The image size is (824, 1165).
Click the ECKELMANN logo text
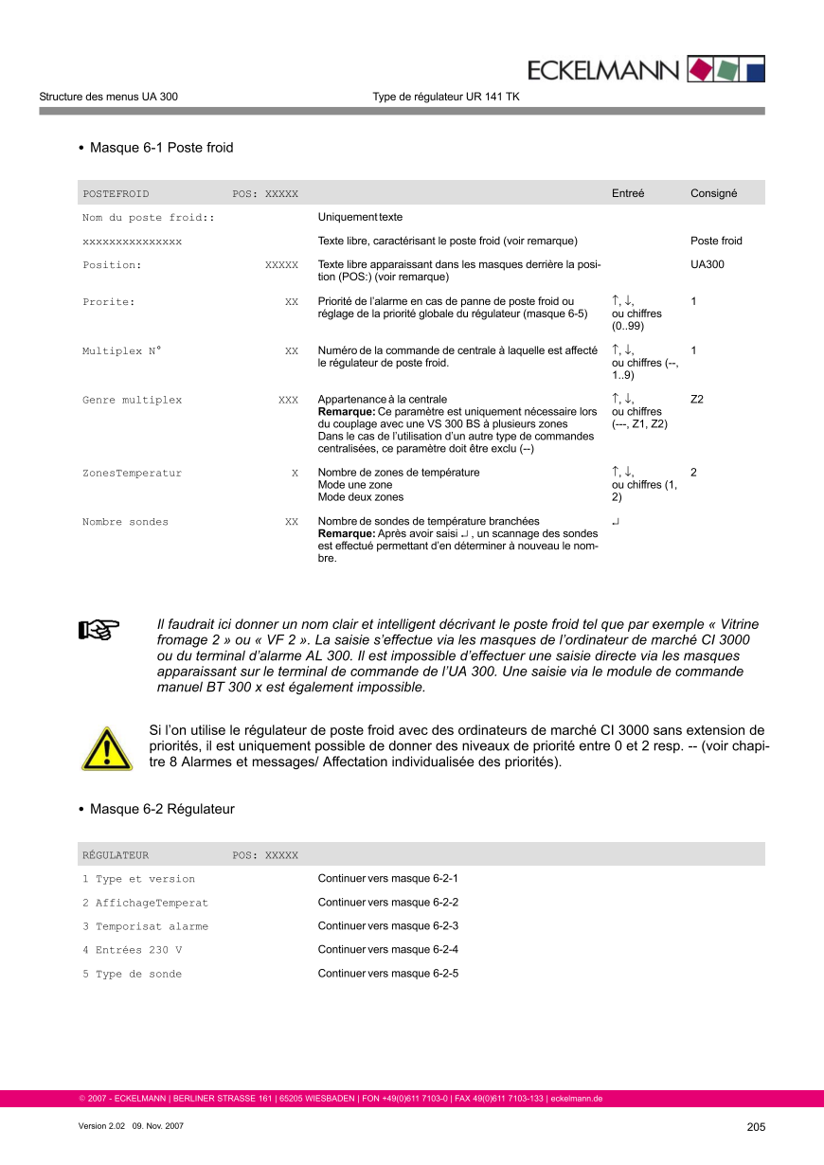point(603,70)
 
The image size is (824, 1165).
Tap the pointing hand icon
point(98,629)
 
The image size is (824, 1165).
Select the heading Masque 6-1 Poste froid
point(161,148)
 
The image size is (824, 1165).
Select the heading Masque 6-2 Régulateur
point(162,809)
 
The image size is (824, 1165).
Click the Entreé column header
point(628,193)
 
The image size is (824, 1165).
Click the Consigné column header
point(713,193)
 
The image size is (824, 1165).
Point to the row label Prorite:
point(109,302)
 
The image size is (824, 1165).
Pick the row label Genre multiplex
point(132,400)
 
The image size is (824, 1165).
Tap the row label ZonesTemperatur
point(132,473)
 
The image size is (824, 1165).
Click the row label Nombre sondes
point(125,522)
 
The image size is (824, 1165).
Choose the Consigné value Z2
point(697,400)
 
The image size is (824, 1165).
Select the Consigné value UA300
point(707,265)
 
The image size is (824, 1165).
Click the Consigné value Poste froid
point(716,242)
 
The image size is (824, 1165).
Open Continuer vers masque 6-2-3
point(387,926)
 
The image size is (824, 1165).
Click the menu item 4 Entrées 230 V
point(132,950)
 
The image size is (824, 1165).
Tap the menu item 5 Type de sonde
point(132,974)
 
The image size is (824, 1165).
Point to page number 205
point(755,1127)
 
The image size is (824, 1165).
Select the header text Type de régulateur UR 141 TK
point(445,97)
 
